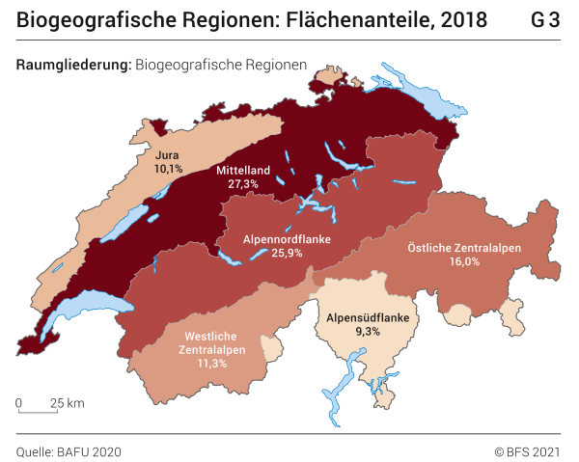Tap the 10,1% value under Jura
tap(168, 168)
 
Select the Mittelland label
tap(242, 170)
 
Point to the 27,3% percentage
tap(242, 183)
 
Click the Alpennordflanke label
tap(261, 238)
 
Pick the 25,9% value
tap(261, 253)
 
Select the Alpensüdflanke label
tap(368, 317)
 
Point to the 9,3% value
tap(368, 332)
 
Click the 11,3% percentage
tap(211, 364)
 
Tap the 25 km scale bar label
tap(68, 402)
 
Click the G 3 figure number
tap(545, 20)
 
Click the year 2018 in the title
tap(463, 20)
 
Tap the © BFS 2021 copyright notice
tap(527, 450)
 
